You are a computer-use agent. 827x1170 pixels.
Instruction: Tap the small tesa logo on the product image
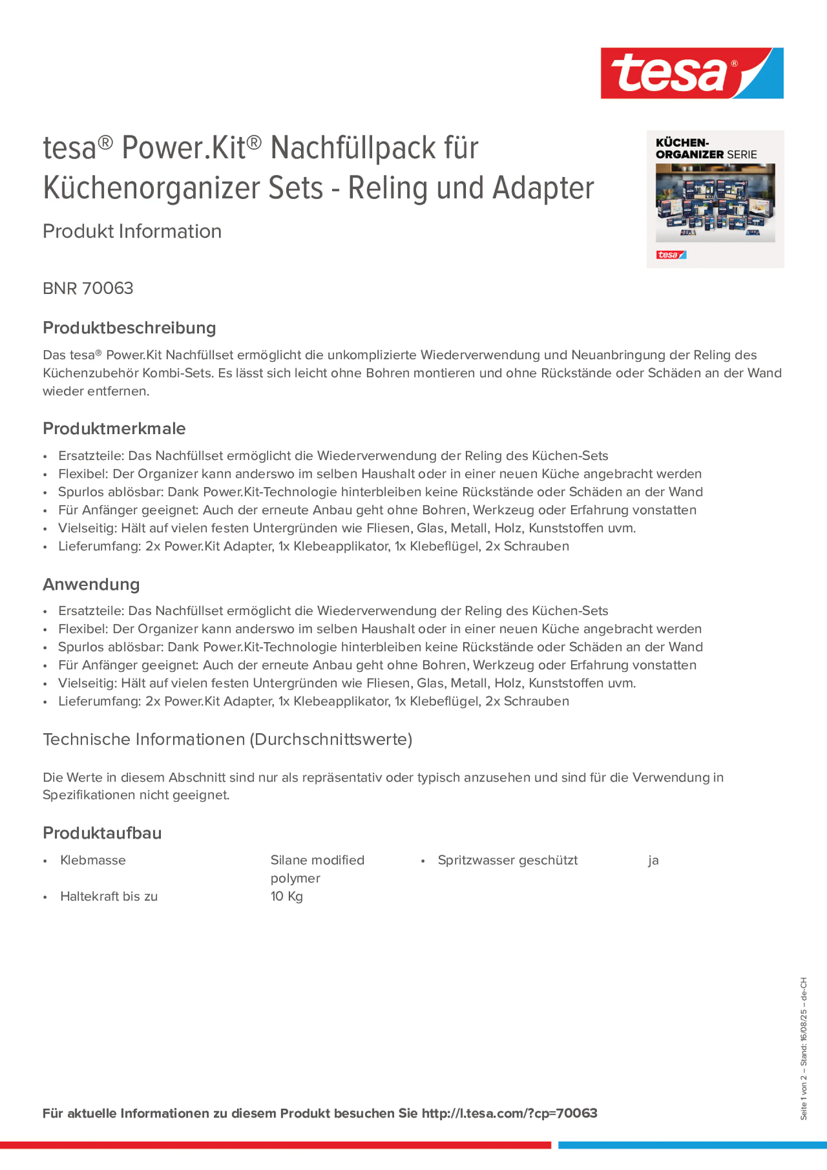671,255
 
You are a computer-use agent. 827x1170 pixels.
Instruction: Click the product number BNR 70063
88,288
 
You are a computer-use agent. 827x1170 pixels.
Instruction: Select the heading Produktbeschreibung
129,328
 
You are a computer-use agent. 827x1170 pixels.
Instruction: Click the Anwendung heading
91,584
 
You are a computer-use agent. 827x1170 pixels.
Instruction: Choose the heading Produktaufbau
102,833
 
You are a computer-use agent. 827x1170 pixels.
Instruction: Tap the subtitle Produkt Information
132,231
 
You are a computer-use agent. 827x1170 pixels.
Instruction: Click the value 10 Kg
287,896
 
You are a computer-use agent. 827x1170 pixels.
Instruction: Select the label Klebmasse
93,860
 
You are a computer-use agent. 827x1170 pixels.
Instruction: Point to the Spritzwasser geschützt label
508,860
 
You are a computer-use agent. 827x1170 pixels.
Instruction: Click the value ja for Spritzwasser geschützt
653,861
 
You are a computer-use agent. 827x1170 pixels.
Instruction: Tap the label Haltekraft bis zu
109,896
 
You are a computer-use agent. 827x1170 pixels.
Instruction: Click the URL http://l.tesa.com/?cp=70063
509,1113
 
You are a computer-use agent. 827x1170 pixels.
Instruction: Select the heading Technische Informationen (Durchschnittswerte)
227,739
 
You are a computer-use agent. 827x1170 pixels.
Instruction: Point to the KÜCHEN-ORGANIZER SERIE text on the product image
706,148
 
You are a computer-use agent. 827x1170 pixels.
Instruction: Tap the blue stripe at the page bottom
692,1145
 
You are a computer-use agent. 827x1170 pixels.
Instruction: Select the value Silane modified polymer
317,869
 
